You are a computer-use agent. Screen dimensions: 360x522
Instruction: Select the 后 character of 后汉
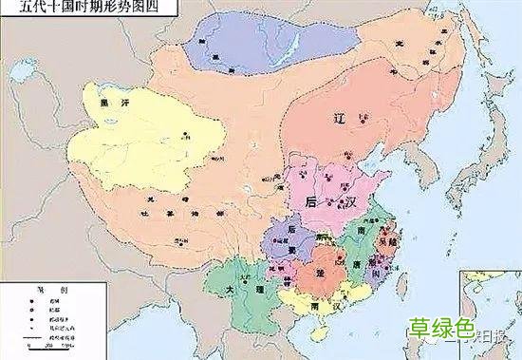[x=311, y=203]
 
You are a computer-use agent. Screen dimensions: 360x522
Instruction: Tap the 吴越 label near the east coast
[x=387, y=243]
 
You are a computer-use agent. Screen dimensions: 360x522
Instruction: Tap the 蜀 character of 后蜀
[x=291, y=249]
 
